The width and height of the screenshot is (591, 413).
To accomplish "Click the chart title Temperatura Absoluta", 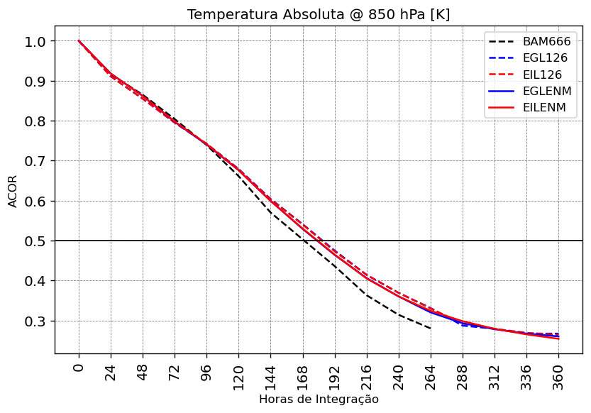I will [319, 15].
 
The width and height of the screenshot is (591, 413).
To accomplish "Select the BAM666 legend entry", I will [546, 42].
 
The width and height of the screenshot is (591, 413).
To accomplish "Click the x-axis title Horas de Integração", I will [319, 400].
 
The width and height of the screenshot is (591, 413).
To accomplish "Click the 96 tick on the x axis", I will [206, 370].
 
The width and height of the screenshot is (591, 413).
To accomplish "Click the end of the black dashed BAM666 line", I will [431, 329].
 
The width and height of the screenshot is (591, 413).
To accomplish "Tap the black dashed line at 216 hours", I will [367, 294].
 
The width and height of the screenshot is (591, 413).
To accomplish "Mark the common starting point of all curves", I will [79, 41].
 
